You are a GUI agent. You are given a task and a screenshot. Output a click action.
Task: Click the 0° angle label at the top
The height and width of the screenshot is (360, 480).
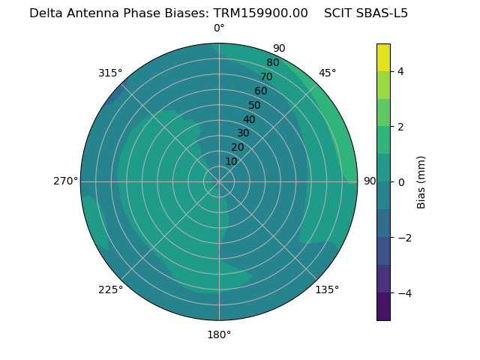coord(219,28)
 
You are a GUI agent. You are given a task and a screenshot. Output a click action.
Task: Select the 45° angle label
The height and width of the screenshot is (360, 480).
coord(327,73)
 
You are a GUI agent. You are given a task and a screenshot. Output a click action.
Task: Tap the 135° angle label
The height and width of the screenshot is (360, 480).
coord(327,289)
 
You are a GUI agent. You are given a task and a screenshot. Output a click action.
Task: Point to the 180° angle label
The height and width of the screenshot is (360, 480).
coord(219,334)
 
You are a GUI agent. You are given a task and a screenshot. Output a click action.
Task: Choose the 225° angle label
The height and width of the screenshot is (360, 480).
coord(110,290)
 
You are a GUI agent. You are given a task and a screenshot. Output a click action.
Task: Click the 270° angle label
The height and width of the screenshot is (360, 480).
coord(65,181)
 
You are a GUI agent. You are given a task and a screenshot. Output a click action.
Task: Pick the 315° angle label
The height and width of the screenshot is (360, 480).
coord(110,73)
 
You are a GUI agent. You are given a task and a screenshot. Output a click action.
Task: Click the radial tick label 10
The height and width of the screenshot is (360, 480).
coord(231,161)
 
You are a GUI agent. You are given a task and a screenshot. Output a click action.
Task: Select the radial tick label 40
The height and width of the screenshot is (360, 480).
coord(249,119)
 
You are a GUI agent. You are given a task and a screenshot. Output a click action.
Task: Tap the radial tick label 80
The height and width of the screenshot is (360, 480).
coord(272,62)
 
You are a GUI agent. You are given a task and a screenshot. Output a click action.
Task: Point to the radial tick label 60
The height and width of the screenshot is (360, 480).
coord(260,91)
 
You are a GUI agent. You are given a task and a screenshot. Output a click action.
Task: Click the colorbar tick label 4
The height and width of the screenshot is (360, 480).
coord(401,71)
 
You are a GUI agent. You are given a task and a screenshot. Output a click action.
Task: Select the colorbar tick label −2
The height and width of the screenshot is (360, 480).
coord(403,238)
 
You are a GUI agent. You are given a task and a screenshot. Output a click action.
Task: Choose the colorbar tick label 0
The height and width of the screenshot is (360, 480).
coord(401,182)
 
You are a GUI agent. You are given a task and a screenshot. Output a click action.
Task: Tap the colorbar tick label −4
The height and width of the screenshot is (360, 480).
coord(403,293)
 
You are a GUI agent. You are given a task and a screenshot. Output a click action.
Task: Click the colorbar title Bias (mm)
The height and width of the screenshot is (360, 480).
coord(421,181)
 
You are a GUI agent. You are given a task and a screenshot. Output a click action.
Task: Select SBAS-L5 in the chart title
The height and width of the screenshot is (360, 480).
coord(382,13)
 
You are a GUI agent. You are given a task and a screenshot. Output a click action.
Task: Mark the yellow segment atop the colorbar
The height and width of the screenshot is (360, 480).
coord(383,58)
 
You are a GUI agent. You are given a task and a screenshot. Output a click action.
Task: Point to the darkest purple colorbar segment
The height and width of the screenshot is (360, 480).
coord(383,307)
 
